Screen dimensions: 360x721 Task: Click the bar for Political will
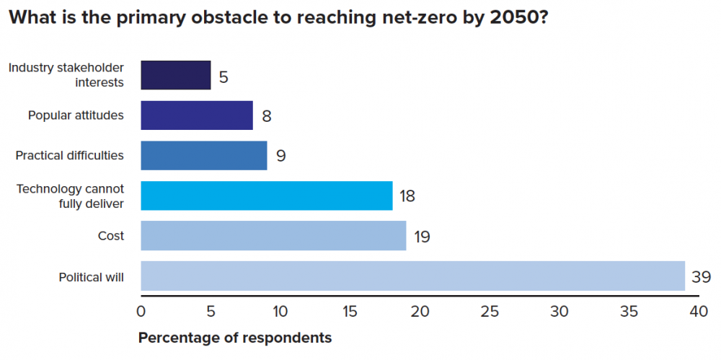pyautogui.click(x=412, y=276)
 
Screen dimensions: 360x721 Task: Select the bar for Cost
pyautogui.click(x=273, y=236)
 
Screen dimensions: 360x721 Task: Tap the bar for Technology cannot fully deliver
pyautogui.click(x=266, y=196)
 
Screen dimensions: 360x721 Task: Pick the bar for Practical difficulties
pyautogui.click(x=203, y=155)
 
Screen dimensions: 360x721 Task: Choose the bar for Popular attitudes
pyautogui.click(x=196, y=115)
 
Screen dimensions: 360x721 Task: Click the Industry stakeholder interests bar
pyautogui.click(x=175, y=75)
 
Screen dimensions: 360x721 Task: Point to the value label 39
pyautogui.click(x=702, y=276)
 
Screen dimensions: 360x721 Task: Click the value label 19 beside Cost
pyautogui.click(x=422, y=236)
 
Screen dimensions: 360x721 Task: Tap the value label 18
pyautogui.click(x=407, y=196)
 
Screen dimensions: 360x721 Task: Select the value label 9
pyautogui.click(x=280, y=156)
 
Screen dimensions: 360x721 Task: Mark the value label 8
pyautogui.click(x=267, y=115)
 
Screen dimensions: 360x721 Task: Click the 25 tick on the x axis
pyautogui.click(x=490, y=312)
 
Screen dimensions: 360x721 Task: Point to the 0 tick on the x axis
pyautogui.click(x=141, y=312)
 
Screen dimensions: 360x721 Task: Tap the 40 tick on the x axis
pyautogui.click(x=699, y=312)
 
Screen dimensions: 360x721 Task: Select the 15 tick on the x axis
pyautogui.click(x=350, y=312)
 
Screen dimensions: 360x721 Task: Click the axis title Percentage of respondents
pyautogui.click(x=235, y=338)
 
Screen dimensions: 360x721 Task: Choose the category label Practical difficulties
pyautogui.click(x=69, y=155)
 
